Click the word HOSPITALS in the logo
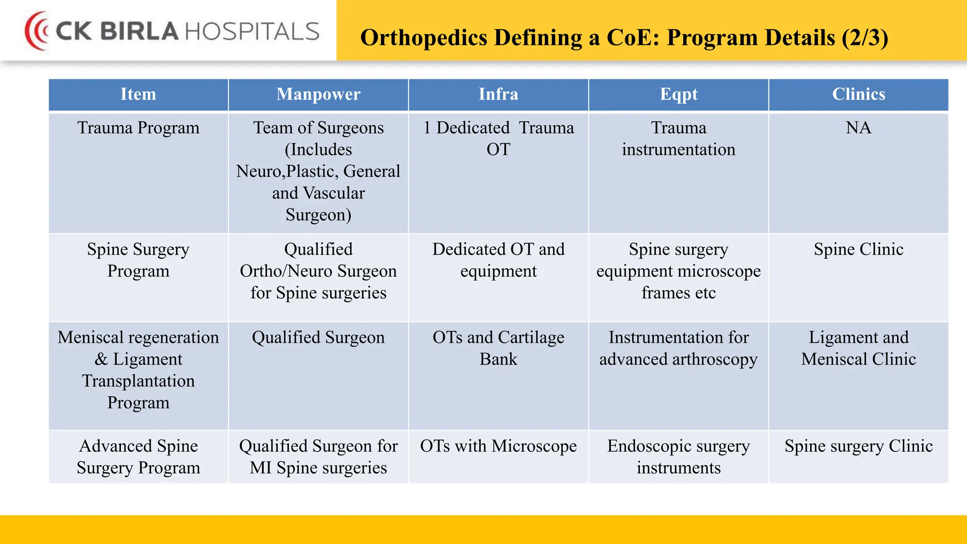[x=252, y=31]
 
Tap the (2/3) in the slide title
[x=865, y=38]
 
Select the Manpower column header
[x=318, y=94]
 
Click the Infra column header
[x=498, y=94]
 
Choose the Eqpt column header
[x=679, y=94]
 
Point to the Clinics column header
[x=858, y=94]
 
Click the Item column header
[x=138, y=94]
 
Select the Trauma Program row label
[x=138, y=128]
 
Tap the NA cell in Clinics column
[x=858, y=128]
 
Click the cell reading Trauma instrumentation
[x=679, y=139]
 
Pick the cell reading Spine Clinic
[x=858, y=249]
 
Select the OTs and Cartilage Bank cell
[x=498, y=348]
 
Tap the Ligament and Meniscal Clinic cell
[x=858, y=348]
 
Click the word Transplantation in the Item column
[x=138, y=381]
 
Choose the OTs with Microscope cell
[x=498, y=446]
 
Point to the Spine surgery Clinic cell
[x=858, y=446]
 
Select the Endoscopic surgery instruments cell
[x=679, y=457]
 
